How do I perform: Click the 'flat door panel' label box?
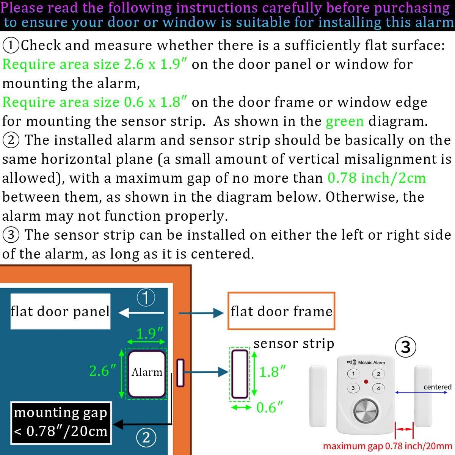[60, 311]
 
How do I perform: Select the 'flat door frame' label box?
[281, 311]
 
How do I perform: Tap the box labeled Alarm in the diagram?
[147, 372]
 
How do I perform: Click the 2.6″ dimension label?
[102, 370]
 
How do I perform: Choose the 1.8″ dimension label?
[272, 372]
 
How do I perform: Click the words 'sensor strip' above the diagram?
[294, 344]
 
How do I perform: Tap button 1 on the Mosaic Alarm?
[353, 374]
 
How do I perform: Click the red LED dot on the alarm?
[366, 381]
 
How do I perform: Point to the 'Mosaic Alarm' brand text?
[371, 362]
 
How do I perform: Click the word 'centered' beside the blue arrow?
[437, 387]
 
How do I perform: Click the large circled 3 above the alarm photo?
[405, 347]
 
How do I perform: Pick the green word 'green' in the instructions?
[345, 121]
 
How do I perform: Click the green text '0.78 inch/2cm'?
[377, 178]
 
